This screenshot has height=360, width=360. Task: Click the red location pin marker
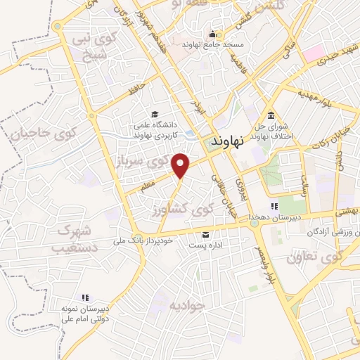[x=182, y=165]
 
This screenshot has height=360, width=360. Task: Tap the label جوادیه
[x=186, y=305]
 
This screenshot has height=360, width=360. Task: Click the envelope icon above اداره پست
[x=206, y=234]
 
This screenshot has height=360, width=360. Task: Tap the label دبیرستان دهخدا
[x=276, y=217]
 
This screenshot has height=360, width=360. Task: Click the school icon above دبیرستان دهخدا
[x=274, y=207]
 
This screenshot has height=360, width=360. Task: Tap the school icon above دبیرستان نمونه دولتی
[x=85, y=298]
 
